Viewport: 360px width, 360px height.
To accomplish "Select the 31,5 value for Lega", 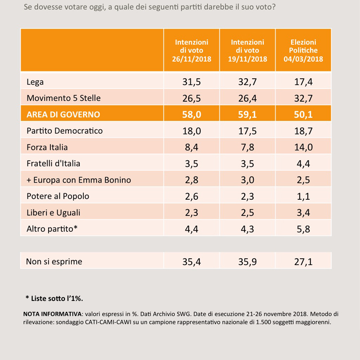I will pyautogui.click(x=191, y=82).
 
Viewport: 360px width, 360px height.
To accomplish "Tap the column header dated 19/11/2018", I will pyautogui.click(x=247, y=50).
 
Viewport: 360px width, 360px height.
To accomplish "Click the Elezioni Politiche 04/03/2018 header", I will pyautogui.click(x=303, y=50).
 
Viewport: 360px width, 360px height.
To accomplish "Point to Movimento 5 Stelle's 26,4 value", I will pyautogui.click(x=247, y=98).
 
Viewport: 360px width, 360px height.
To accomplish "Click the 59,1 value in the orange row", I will pyautogui.click(x=247, y=114).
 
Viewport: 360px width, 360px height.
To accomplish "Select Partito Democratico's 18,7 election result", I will pyautogui.click(x=303, y=131).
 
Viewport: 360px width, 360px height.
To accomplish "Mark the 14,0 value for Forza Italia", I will pyautogui.click(x=303, y=147).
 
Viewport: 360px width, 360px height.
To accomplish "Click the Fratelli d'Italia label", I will pyautogui.click(x=54, y=163).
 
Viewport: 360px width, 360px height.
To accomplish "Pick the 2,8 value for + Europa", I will pyautogui.click(x=191, y=180).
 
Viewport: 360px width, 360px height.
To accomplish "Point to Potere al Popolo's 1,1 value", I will pyautogui.click(x=303, y=196).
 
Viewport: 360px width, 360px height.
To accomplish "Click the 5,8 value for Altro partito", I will pyautogui.click(x=303, y=229).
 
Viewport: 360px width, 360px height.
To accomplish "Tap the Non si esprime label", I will pyautogui.click(x=54, y=261).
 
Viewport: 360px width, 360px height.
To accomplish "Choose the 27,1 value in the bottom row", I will pyautogui.click(x=303, y=261).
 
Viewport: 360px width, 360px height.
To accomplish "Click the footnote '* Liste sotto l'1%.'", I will pyautogui.click(x=54, y=298).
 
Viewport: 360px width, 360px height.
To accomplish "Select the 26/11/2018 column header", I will pyautogui.click(x=191, y=50).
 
